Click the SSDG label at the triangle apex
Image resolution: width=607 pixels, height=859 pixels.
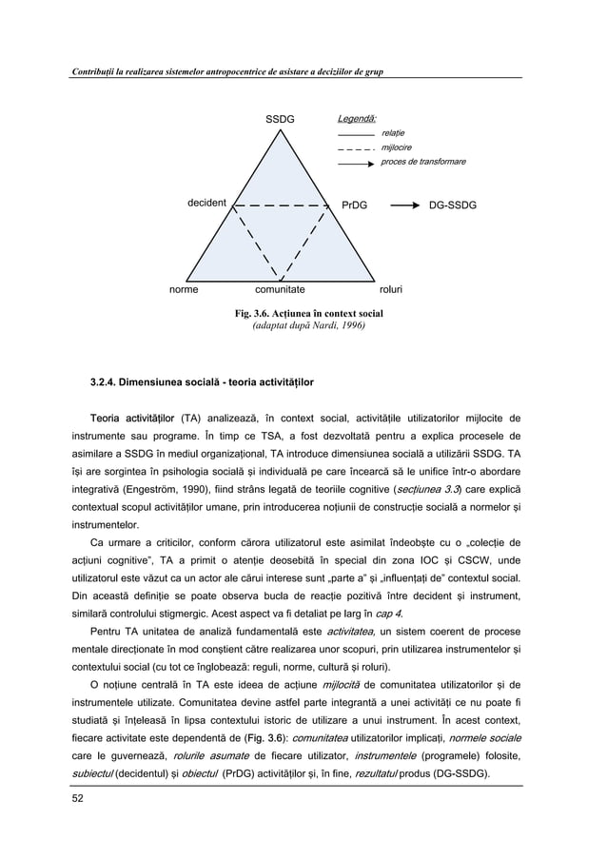[x=280, y=119]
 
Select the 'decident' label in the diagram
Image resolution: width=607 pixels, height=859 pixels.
[x=206, y=204]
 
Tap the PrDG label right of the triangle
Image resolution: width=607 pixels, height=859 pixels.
[x=354, y=205]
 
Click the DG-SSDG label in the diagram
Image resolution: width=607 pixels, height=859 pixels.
[x=453, y=205]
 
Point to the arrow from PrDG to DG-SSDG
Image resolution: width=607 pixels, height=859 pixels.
[x=403, y=205]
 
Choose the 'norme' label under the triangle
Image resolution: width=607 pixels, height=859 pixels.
[x=184, y=288]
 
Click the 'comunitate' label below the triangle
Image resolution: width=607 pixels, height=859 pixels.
[x=280, y=288]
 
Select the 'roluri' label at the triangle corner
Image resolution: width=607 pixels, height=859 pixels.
[x=391, y=288]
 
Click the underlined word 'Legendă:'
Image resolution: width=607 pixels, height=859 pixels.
[x=357, y=119]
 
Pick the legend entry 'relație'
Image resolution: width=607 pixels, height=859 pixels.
[x=393, y=134]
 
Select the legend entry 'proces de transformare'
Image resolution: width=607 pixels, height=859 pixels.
[x=422, y=163]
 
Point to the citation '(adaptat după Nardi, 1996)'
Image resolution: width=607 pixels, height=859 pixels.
[x=303, y=325]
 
